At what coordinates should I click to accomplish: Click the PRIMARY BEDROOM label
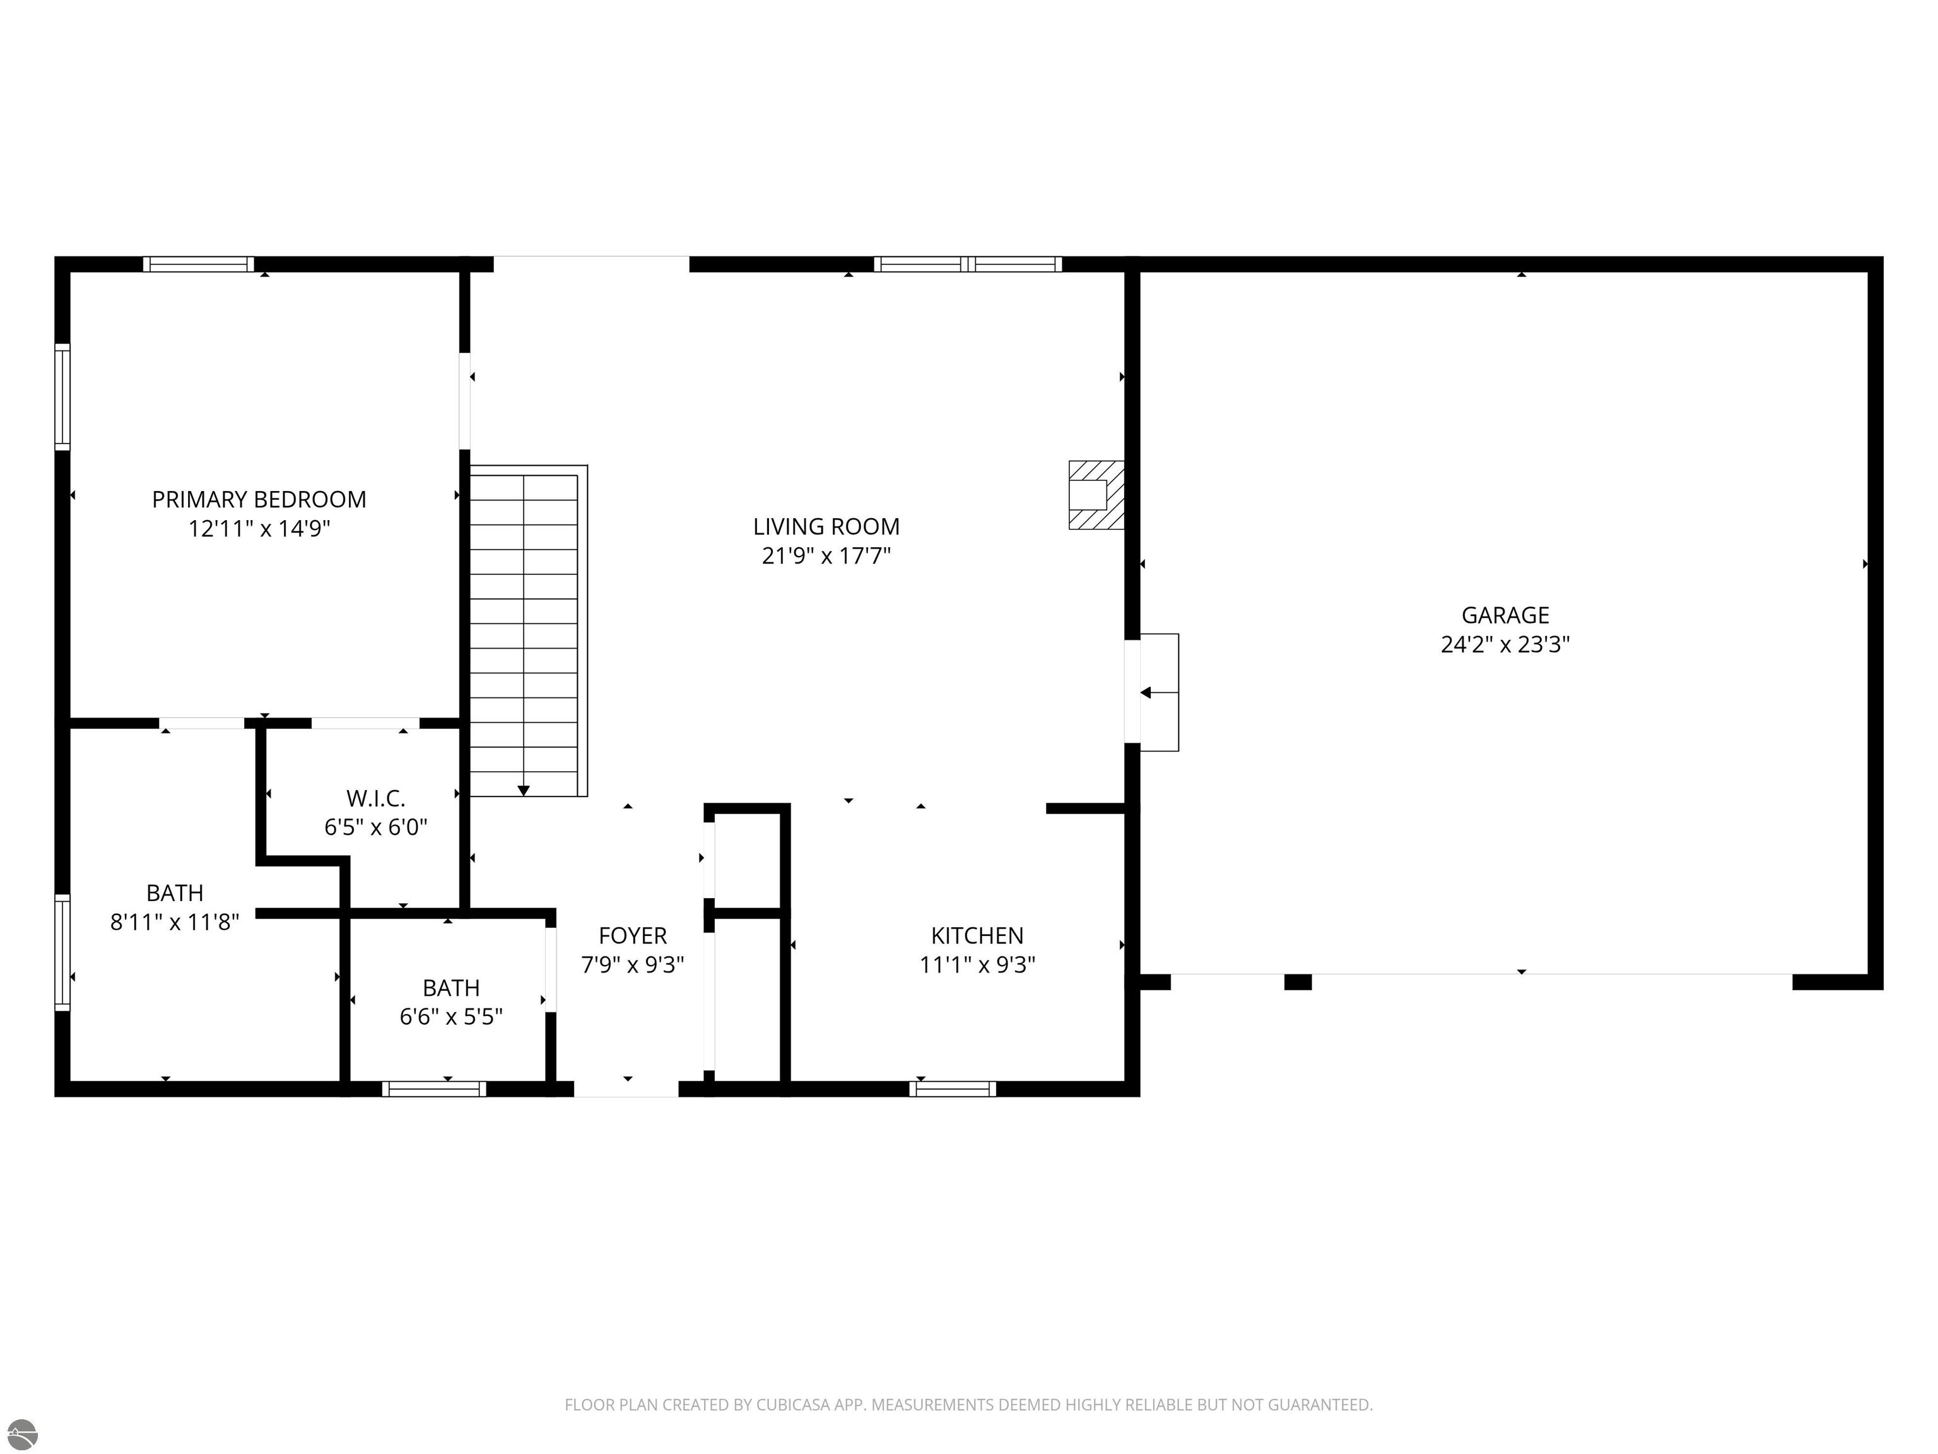tap(259, 500)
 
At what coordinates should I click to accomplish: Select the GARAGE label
tap(1505, 615)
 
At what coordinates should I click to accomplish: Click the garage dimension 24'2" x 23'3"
tap(1505, 645)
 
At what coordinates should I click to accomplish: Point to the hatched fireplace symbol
tap(1095, 495)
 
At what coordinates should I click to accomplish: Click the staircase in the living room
tap(524, 631)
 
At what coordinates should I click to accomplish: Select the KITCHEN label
tap(976, 935)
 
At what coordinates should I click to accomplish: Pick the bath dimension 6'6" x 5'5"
tap(450, 1017)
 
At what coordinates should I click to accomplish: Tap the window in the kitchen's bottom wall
tap(953, 1089)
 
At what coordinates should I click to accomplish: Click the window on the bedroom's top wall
tap(198, 264)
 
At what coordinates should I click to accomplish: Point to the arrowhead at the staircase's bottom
tap(523, 791)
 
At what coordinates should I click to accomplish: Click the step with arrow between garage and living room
tap(1158, 692)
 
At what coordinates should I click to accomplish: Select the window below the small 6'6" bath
tap(433, 1089)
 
